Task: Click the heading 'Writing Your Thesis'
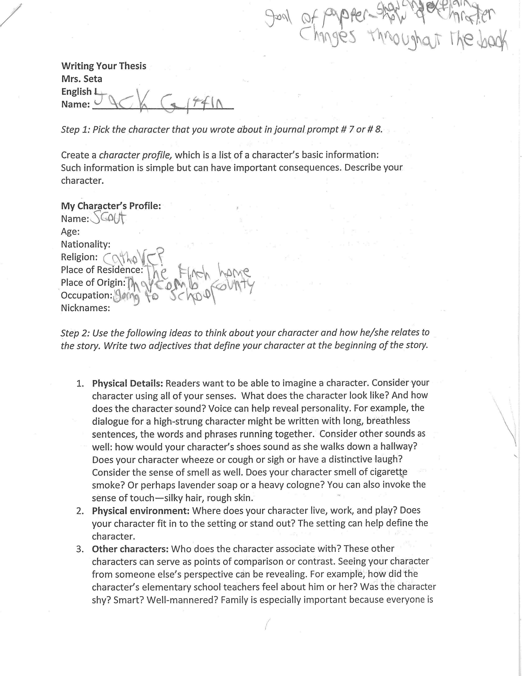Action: pos(104,66)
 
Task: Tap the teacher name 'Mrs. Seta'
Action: pos(82,79)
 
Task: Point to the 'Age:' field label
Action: pos(70,232)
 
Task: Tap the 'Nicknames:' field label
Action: pos(85,308)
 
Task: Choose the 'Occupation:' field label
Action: pos(86,295)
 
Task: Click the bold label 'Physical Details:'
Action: pos(128,383)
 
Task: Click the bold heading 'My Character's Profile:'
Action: pos(111,206)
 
